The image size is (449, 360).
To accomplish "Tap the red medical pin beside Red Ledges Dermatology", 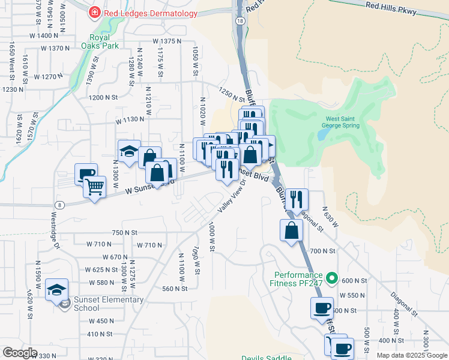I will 94,13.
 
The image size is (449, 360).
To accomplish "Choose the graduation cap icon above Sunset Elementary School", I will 57,290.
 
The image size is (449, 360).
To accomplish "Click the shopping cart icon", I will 95,188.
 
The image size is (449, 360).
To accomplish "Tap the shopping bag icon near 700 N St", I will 291,230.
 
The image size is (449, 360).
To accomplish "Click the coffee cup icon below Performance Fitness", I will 321,308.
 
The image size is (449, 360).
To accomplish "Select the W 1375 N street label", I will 167,41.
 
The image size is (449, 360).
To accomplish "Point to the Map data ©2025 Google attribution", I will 411,355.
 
